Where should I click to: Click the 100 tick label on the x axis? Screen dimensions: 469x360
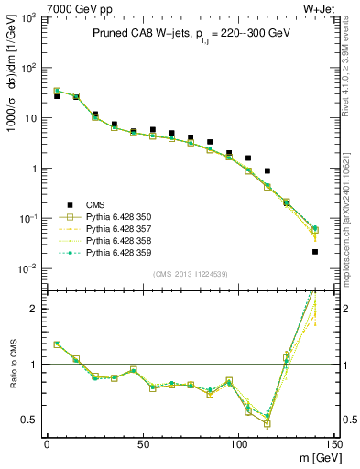(238, 444)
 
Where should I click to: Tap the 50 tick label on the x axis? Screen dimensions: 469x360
(143, 444)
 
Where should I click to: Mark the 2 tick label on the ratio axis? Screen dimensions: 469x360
(36, 309)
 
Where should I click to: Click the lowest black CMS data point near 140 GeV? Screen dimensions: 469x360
(315, 251)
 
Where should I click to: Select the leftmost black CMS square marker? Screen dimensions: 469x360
(57, 96)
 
